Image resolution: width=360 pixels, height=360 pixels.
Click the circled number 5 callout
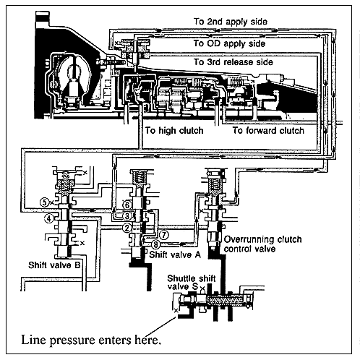click(45, 202)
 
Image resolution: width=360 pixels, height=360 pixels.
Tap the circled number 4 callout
click(49, 219)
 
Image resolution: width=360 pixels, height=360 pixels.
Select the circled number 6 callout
click(127, 205)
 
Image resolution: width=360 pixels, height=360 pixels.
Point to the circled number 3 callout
click(127, 216)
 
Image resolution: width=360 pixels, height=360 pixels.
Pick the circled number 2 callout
click(127, 228)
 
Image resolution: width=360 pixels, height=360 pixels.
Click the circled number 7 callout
click(164, 235)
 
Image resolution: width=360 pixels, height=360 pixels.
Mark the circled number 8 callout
click(156, 245)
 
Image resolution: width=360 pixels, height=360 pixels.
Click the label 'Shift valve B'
click(54, 265)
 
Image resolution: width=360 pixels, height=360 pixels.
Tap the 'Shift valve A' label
click(175, 254)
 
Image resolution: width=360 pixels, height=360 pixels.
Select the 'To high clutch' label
click(174, 131)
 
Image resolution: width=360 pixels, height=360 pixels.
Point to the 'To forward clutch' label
click(268, 131)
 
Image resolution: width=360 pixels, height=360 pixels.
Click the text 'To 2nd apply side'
click(231, 22)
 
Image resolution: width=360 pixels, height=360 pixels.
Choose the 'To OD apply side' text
click(229, 43)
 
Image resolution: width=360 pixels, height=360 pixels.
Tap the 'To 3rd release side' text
click(233, 62)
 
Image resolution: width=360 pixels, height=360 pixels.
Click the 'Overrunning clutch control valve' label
click(262, 244)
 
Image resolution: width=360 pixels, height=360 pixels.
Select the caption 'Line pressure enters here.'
click(91, 340)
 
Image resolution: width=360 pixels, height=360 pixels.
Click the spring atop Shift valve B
click(65, 183)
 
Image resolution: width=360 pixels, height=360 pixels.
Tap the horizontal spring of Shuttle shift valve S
click(226, 301)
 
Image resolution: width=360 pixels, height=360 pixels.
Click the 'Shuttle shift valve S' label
click(192, 283)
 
